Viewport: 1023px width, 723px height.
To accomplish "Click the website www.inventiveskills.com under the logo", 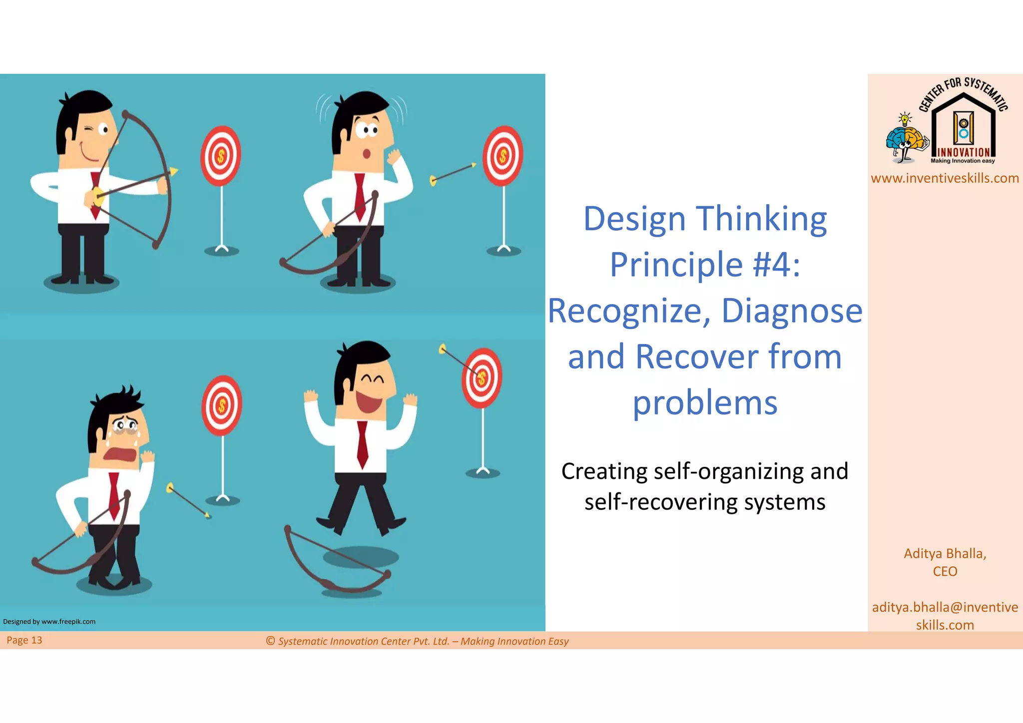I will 945,178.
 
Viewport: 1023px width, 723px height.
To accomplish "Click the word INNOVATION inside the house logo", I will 964,152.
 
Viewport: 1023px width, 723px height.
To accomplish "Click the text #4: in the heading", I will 776,265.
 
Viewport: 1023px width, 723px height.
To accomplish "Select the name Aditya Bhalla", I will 945,553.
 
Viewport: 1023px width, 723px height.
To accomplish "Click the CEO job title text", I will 945,571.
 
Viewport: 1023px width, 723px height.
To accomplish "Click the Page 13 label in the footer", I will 24,640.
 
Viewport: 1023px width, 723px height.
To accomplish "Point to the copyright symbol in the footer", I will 270,641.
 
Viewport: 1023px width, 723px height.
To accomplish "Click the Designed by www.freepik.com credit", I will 49,622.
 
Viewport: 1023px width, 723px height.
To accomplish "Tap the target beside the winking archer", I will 221,156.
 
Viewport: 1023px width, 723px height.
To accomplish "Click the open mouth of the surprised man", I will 366,153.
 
